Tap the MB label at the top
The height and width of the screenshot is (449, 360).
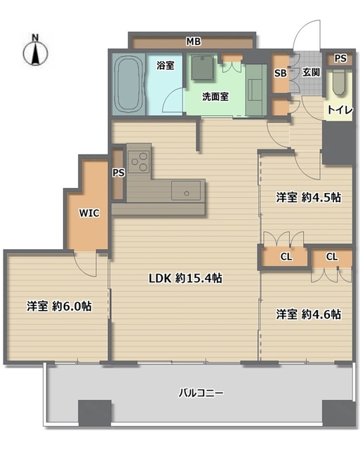point(194,41)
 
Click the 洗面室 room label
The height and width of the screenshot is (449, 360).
point(215,97)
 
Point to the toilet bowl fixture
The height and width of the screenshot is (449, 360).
point(340,82)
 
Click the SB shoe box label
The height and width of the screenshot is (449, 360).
point(281,73)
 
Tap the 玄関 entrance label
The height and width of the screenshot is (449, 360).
point(311,72)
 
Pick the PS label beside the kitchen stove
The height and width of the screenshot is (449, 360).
point(119,173)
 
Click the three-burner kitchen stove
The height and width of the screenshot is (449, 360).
point(139,162)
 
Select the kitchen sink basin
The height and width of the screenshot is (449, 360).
point(186,190)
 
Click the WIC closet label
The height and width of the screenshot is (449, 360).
point(89,213)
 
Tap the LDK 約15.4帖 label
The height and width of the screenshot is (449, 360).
point(185,278)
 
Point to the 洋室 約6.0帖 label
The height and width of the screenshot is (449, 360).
point(59,306)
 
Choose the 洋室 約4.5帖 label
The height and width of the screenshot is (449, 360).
point(309,198)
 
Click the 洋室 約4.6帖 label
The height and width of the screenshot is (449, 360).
point(309,314)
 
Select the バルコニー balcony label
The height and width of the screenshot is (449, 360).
point(201,393)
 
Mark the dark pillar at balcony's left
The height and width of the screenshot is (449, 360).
point(95,413)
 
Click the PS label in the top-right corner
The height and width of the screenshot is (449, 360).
point(340,58)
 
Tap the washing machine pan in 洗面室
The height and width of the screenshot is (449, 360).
point(203,67)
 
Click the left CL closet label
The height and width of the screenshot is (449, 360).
point(286,257)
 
